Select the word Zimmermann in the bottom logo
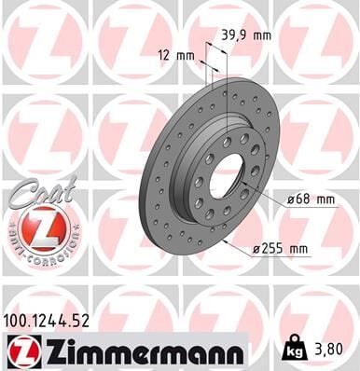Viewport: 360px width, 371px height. [x=139, y=351]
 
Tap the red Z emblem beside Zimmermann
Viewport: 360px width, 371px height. [x=18, y=351]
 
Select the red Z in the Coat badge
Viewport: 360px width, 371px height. [x=38, y=229]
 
